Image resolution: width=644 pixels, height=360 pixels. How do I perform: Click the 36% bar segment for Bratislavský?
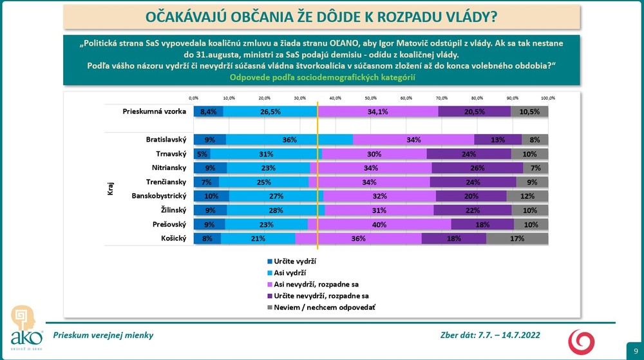(289, 140)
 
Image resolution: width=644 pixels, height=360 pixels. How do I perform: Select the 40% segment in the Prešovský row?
(379, 224)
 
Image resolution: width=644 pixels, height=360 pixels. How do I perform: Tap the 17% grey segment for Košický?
(517, 238)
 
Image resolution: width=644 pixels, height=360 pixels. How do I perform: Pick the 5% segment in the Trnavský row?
(202, 154)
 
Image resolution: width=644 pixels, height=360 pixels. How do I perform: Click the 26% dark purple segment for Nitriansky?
(477, 168)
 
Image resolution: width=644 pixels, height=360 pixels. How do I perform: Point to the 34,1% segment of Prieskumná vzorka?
(378, 111)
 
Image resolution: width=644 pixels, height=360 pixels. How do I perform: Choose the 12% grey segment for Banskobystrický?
(527, 196)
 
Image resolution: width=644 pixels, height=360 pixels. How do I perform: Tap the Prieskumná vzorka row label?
(155, 111)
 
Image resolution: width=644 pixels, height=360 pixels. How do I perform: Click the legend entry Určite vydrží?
(294, 261)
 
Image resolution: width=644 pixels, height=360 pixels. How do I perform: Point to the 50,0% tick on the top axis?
(371, 98)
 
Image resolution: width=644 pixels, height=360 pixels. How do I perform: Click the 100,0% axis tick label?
(547, 98)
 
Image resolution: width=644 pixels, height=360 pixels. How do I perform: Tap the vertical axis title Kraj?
(110, 189)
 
